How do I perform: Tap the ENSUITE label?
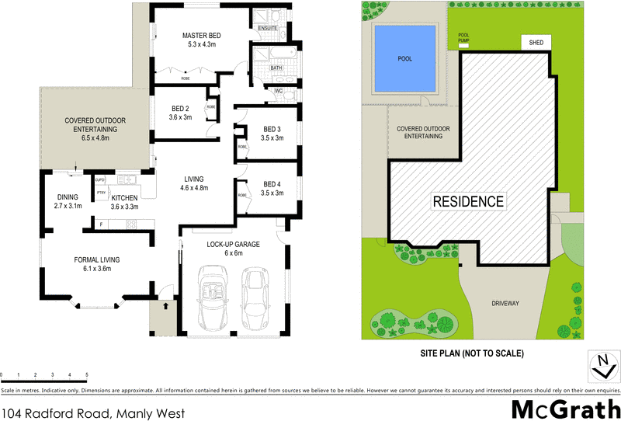tap(269, 28)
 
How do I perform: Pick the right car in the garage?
tap(257, 299)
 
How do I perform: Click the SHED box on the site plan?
tap(536, 43)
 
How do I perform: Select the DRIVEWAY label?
tap(510, 303)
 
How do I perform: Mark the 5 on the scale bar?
tap(87, 374)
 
